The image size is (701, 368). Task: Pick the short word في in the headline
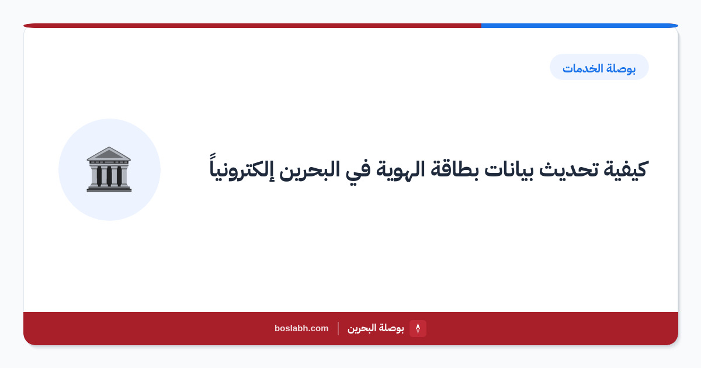(358, 171)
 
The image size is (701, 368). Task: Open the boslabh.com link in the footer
(301, 328)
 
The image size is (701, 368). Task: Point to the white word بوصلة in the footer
(392, 328)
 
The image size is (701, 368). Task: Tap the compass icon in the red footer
(418, 328)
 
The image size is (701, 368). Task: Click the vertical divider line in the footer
(338, 328)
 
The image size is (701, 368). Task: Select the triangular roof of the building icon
(109, 154)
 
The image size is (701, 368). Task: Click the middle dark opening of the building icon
(109, 176)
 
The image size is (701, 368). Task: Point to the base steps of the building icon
(109, 189)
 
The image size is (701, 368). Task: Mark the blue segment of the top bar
(579, 26)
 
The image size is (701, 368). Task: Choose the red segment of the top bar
(252, 26)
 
